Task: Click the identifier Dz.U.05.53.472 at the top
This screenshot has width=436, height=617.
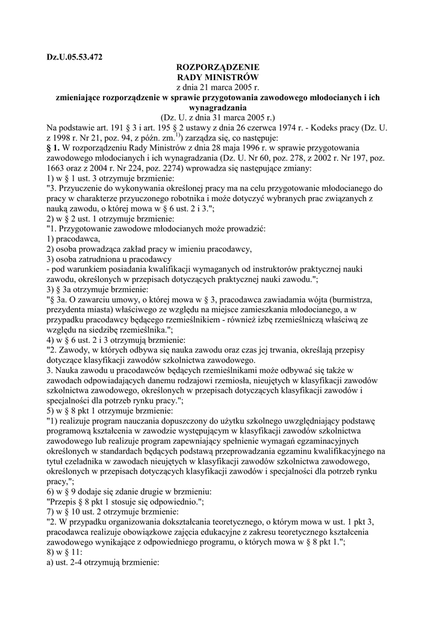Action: point(75,57)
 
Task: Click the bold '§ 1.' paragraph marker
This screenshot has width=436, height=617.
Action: point(55,148)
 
